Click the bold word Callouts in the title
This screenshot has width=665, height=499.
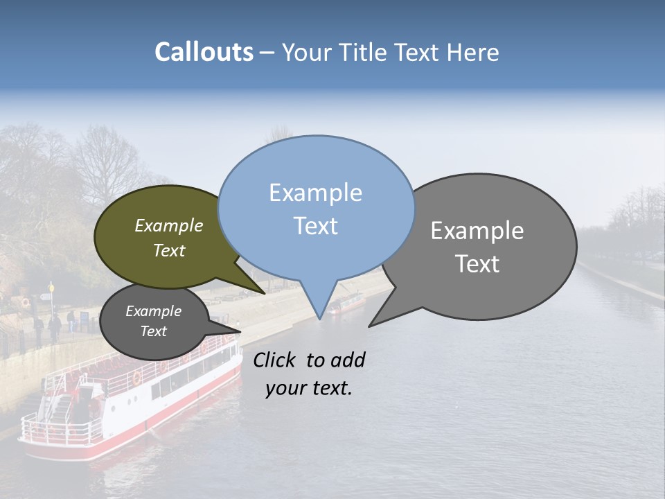pos(204,52)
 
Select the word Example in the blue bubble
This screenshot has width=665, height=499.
pos(315,193)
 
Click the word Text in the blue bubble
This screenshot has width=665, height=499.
pos(315,226)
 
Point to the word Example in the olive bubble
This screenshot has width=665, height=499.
pos(168,225)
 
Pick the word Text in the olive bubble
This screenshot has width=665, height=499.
pos(168,250)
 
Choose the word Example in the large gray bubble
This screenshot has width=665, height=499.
pos(477,231)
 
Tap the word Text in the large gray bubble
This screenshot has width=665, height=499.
pos(477,264)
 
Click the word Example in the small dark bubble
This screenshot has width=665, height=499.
pos(153,311)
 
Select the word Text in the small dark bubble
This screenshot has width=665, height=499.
pos(153,331)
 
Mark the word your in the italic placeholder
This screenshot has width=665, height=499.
pos(285,389)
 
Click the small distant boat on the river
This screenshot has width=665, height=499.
pos(347,303)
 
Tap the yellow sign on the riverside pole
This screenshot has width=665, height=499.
pos(51,287)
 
